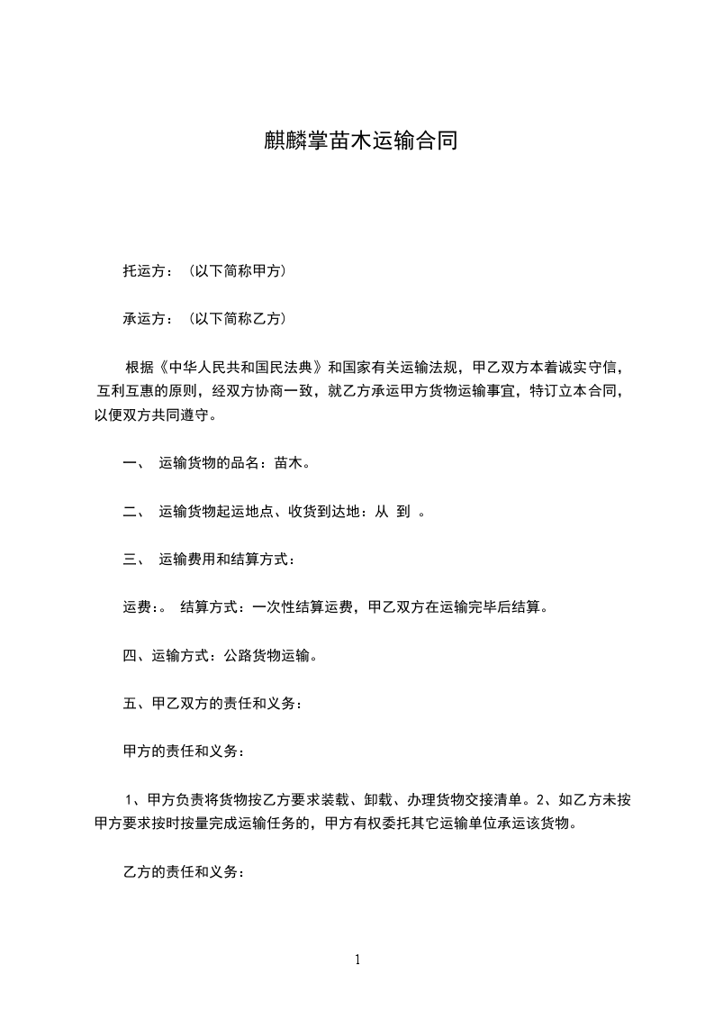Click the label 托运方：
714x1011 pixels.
click(x=149, y=270)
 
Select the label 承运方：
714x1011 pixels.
click(x=149, y=319)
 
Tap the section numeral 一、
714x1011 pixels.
click(x=133, y=465)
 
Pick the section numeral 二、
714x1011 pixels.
click(x=133, y=513)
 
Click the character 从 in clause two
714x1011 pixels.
click(x=381, y=513)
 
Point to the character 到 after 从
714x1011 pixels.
click(x=403, y=513)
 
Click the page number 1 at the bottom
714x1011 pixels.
click(x=357, y=960)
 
